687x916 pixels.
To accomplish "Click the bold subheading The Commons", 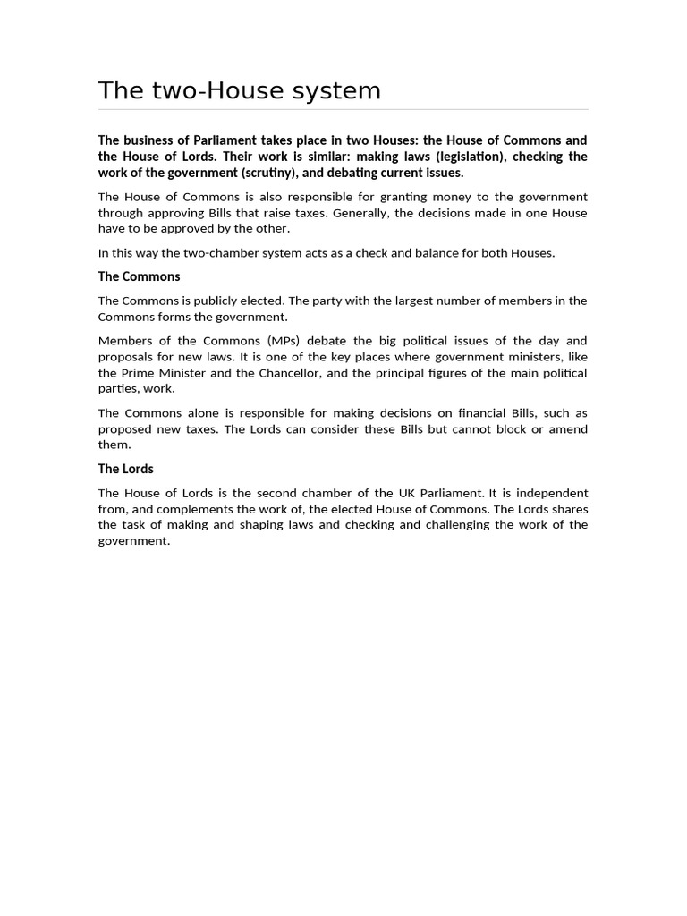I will [x=139, y=276].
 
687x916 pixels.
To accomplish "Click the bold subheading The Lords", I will [x=125, y=469].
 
